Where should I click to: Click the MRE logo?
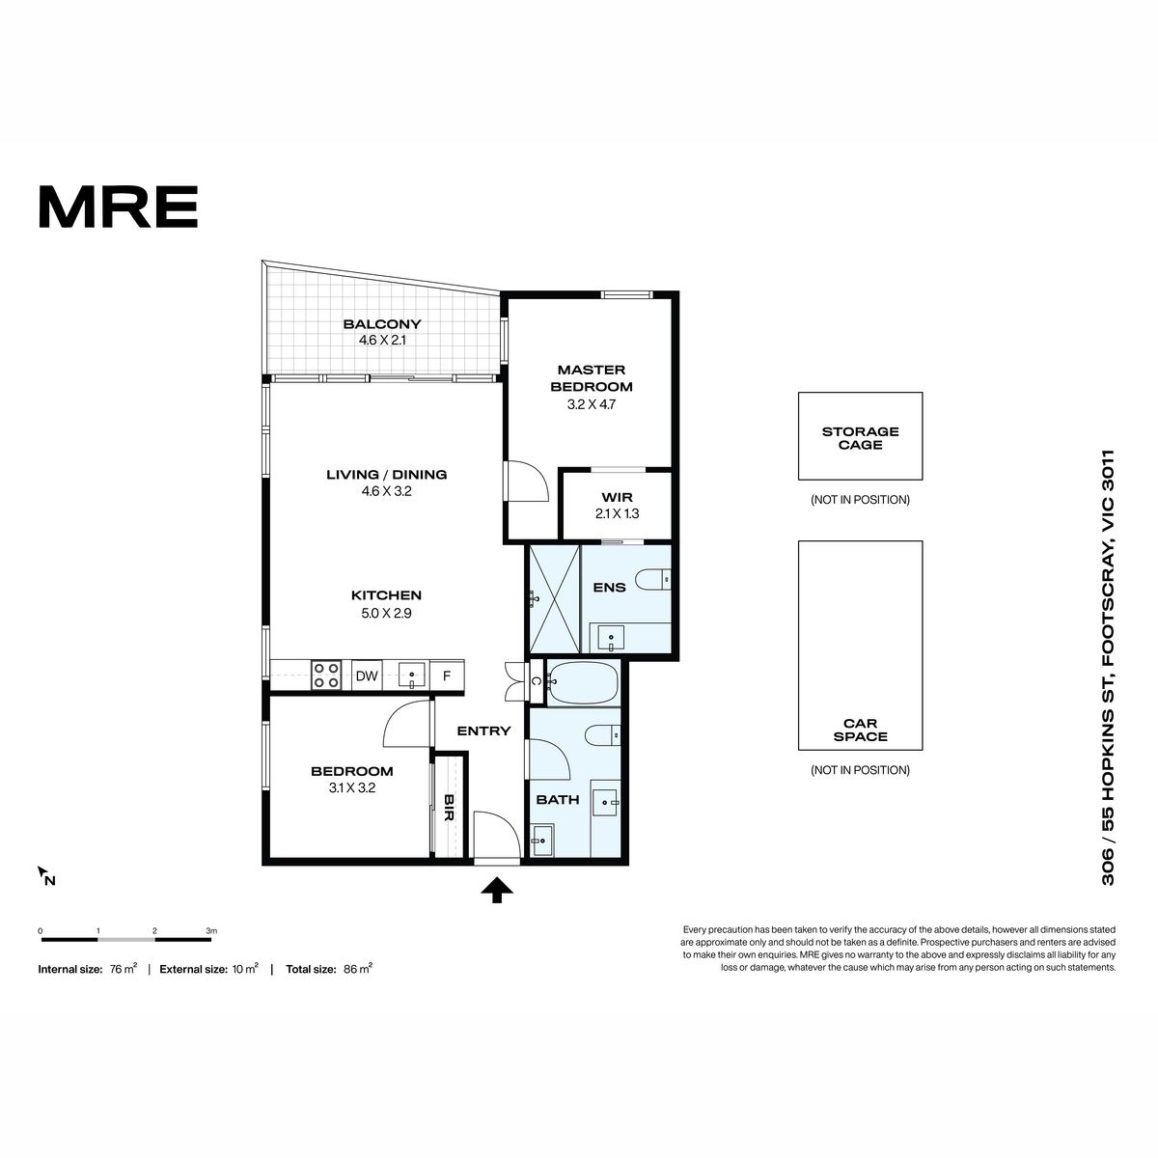click(119, 207)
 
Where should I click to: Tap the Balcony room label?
click(382, 324)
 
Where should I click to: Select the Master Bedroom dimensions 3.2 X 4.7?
click(592, 404)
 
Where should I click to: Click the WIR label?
click(618, 498)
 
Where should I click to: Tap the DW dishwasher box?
click(367, 676)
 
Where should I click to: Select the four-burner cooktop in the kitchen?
click(326, 675)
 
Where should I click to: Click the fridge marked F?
click(447, 675)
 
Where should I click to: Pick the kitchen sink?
click(412, 676)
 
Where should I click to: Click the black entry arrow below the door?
click(497, 890)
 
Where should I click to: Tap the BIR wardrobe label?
click(449, 808)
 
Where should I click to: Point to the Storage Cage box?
click(860, 436)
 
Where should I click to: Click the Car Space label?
click(860, 730)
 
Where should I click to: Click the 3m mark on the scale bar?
click(211, 931)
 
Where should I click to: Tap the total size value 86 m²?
click(358, 969)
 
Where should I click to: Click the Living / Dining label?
click(386, 475)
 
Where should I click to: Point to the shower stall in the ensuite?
click(554, 598)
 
